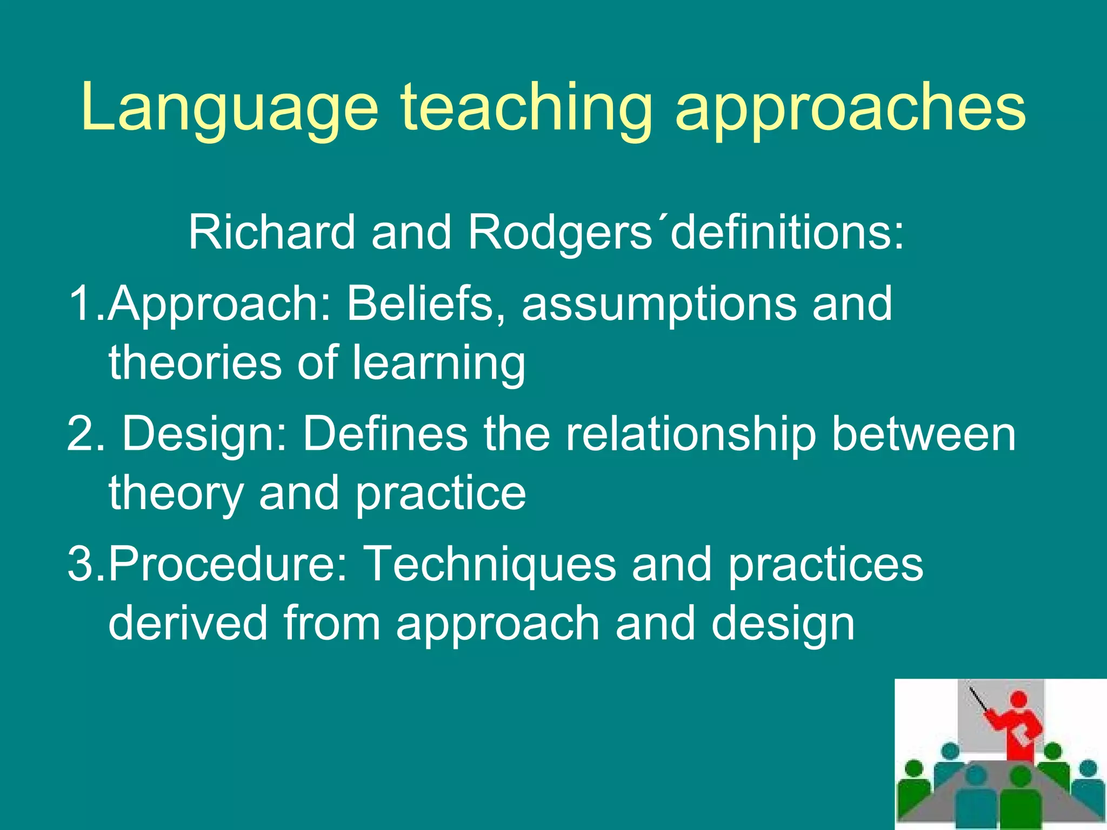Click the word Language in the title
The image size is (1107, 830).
230,108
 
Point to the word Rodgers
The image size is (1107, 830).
559,233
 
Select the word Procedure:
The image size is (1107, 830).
228,564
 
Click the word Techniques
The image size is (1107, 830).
490,564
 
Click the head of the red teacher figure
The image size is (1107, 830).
1018,699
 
